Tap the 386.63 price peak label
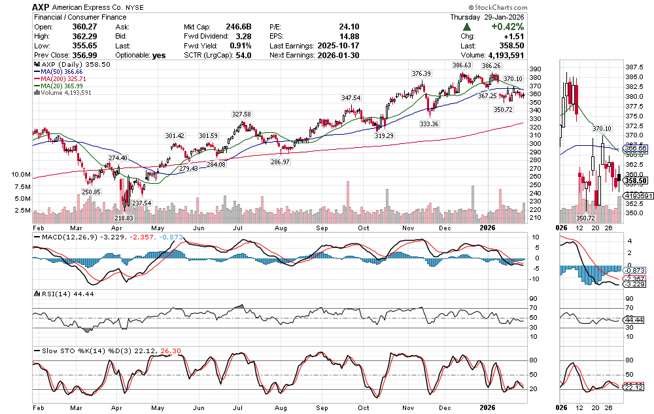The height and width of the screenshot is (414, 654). [462, 66]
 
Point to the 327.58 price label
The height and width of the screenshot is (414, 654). [241, 114]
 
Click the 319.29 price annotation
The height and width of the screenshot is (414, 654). [384, 135]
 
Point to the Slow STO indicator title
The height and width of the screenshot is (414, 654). [65, 351]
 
